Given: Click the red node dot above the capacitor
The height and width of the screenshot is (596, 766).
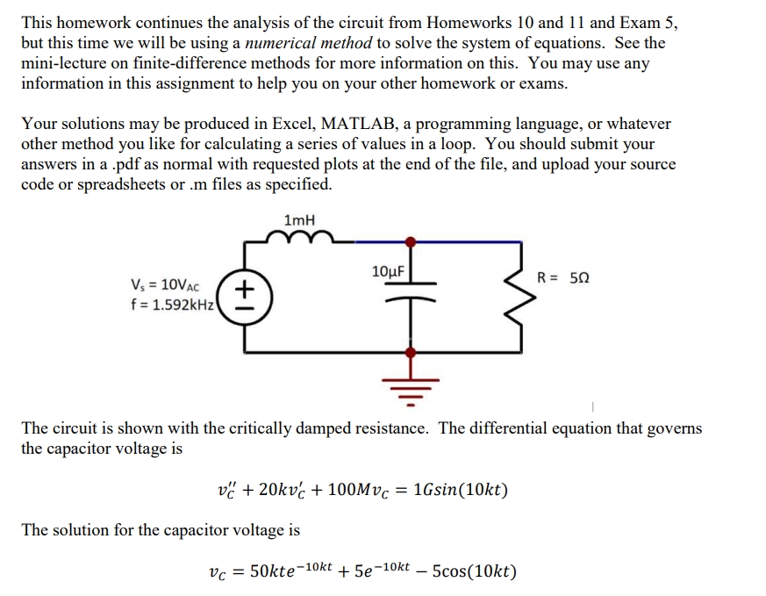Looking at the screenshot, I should click(410, 240).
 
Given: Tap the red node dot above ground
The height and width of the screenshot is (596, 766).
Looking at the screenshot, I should click(410, 352).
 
